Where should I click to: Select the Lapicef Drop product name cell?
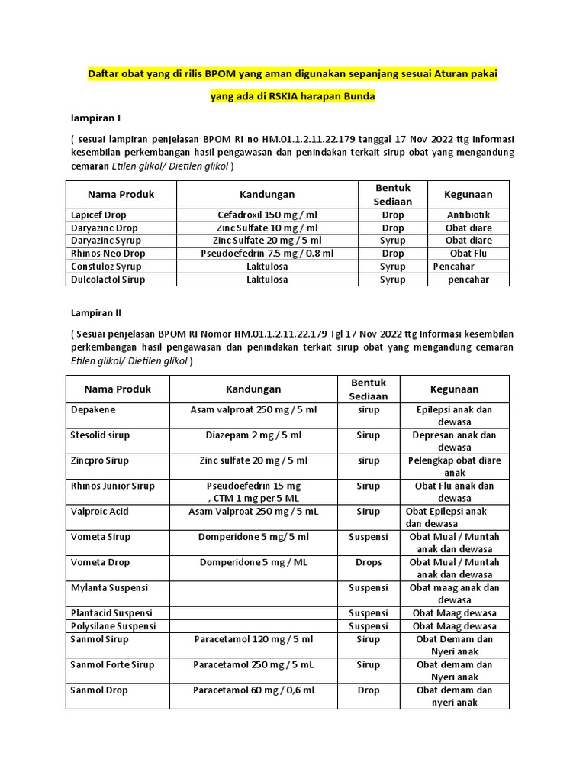coord(98,215)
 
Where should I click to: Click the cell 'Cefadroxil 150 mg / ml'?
coord(267,215)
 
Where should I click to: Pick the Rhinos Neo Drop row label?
coord(108,254)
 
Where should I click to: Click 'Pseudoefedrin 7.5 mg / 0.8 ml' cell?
coord(267,254)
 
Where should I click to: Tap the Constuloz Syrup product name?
coord(106,267)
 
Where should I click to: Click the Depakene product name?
coord(93,409)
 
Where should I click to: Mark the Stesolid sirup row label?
coord(100,435)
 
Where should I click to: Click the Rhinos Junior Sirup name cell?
coord(112,486)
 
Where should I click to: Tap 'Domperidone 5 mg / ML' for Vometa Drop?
coord(253,562)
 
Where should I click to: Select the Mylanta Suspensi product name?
coord(109,588)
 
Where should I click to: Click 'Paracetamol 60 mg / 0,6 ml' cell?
coord(253,690)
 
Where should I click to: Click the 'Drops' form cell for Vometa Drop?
coord(369,562)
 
